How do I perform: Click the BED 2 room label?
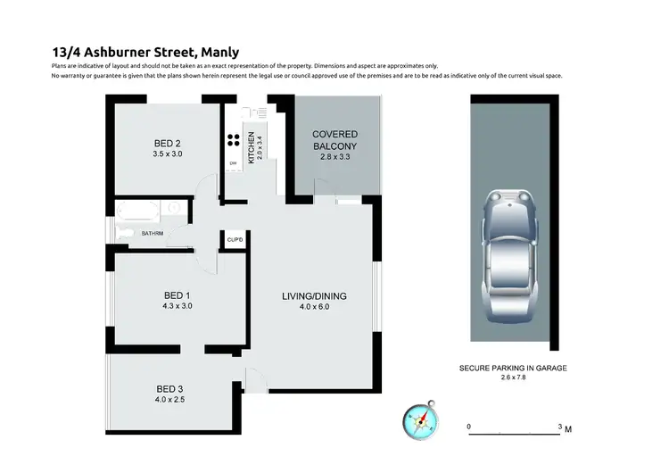pos(167,144)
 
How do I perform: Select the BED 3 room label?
pos(171,388)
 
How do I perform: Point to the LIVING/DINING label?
pos(314,296)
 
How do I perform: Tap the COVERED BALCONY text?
pos(334,140)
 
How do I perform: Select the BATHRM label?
pos(152,234)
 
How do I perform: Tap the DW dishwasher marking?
pos(233,163)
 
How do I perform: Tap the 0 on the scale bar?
pos(469,427)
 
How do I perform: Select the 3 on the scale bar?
pos(559,427)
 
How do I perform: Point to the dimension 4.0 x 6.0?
pos(314,307)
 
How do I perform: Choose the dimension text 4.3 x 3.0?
pos(178,306)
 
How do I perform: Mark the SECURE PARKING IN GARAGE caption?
pos(513,368)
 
